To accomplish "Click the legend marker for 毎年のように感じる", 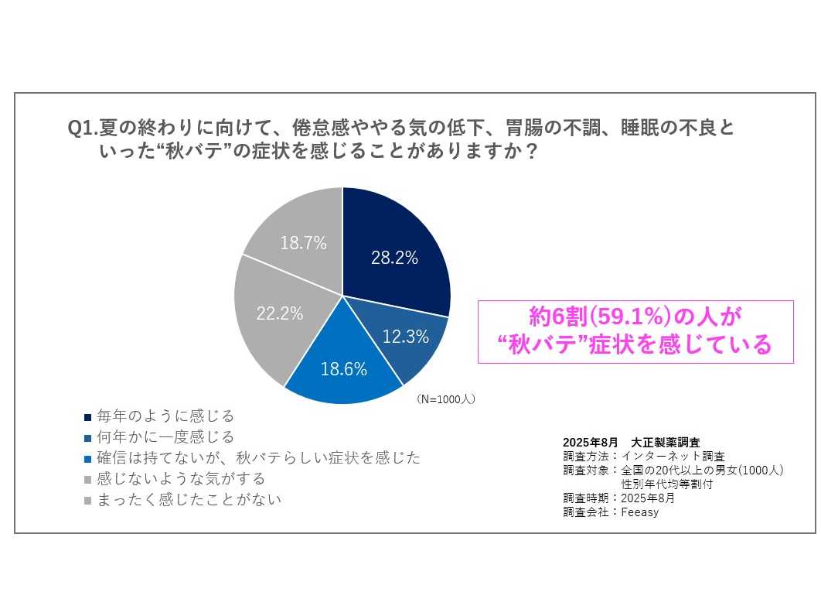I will (x=87, y=417).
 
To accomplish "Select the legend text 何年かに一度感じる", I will (x=165, y=437).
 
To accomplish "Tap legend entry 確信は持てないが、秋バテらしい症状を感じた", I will (x=258, y=457).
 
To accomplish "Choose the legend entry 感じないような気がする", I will (x=180, y=478).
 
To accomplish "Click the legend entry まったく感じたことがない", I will (x=189, y=499).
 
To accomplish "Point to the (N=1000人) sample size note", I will (x=445, y=399).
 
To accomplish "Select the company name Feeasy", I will (x=639, y=512).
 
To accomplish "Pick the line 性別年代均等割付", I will (x=667, y=484).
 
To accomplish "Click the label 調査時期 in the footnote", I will (x=586, y=498).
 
